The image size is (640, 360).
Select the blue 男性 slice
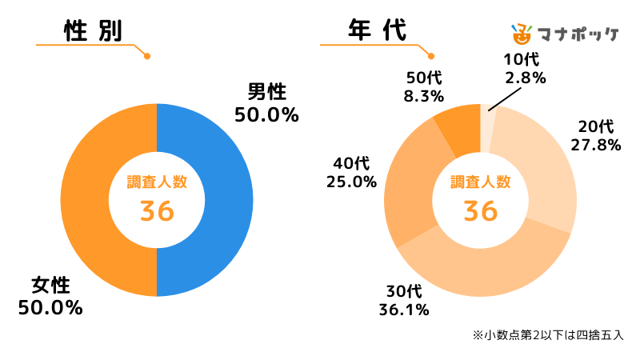pos(223,200)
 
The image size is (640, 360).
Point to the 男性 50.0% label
pos(266,103)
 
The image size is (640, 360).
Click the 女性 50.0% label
pos(50,296)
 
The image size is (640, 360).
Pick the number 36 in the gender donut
pos(157,211)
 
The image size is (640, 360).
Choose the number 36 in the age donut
pos(481,211)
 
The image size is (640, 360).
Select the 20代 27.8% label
pos(596,135)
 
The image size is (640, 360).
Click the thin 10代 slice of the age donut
pos(488,128)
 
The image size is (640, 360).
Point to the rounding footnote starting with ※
pos(548,334)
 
